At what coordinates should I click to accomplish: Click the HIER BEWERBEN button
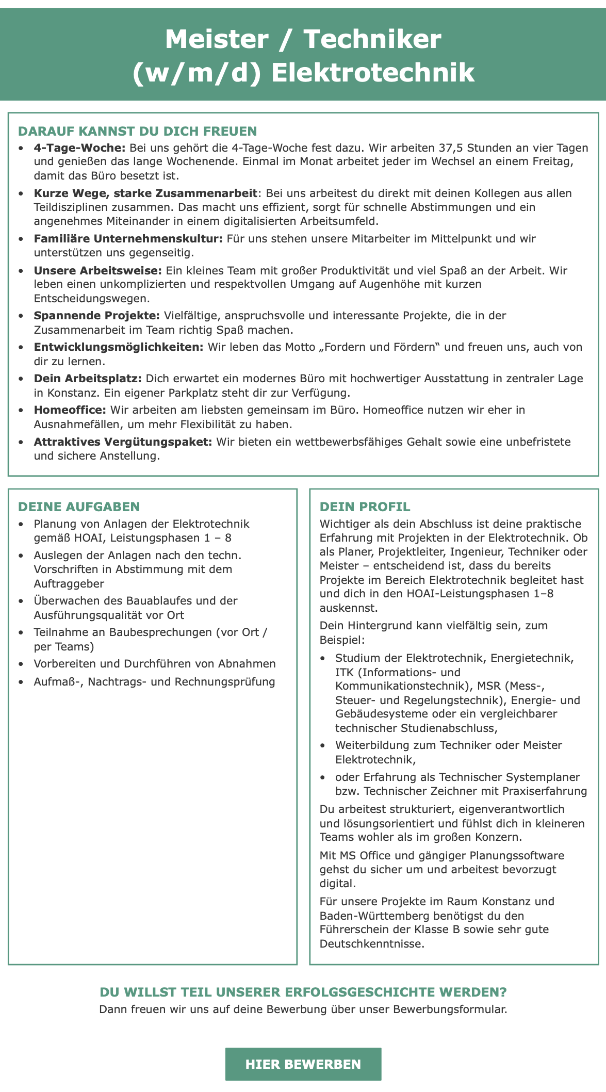[x=303, y=1064]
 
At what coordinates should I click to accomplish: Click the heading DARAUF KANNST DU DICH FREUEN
[x=137, y=131]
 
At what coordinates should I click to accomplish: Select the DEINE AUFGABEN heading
[x=79, y=507]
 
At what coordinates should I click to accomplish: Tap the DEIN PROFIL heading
[x=365, y=507]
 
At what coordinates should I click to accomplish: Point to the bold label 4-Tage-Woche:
[x=80, y=148]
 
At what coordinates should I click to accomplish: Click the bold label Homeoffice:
[x=70, y=410]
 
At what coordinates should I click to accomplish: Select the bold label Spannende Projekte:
[x=97, y=315]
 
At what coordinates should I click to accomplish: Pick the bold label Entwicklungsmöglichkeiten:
[x=119, y=347]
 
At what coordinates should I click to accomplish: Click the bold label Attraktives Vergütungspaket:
[x=123, y=442]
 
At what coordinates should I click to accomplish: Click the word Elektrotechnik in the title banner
[x=372, y=73]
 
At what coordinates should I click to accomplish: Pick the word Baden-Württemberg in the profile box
[x=379, y=916]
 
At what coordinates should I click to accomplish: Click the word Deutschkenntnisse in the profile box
[x=370, y=944]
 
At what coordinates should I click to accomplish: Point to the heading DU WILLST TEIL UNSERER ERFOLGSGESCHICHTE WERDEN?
[x=303, y=992]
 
